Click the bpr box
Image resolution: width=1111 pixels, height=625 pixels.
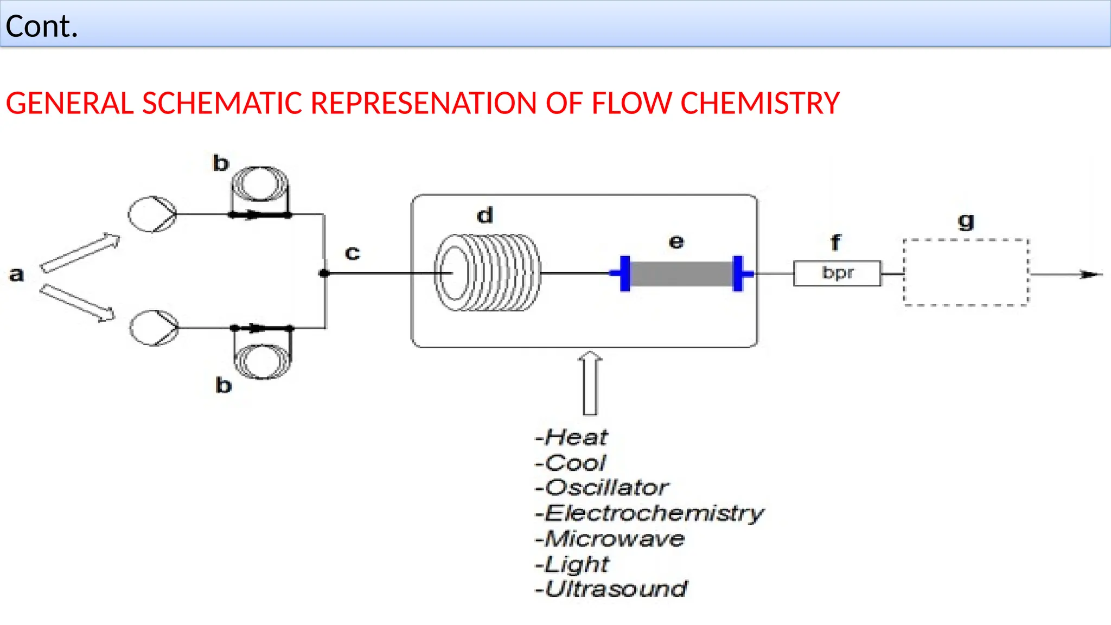point(837,273)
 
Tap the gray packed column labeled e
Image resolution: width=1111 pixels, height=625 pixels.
point(681,273)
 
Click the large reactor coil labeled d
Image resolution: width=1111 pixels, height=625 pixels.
point(488,272)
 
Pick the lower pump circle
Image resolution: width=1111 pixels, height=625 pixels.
point(154,328)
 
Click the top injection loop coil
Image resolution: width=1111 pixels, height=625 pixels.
point(260,184)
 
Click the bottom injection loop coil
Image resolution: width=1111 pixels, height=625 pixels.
point(263,361)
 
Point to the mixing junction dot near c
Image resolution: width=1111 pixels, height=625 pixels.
point(324,273)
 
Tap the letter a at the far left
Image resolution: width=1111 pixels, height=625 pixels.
point(17,275)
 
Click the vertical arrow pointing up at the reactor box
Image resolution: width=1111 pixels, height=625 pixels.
point(590,382)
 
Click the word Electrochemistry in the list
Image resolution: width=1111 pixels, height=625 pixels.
point(654,513)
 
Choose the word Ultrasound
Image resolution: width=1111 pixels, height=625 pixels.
point(616,589)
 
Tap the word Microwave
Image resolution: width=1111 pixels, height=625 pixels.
point(614,539)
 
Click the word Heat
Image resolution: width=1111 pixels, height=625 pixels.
point(576,437)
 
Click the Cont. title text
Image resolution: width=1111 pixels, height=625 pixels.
point(42,26)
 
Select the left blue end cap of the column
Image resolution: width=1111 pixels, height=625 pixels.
point(625,273)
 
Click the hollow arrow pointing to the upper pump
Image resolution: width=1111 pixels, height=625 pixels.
point(80,252)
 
